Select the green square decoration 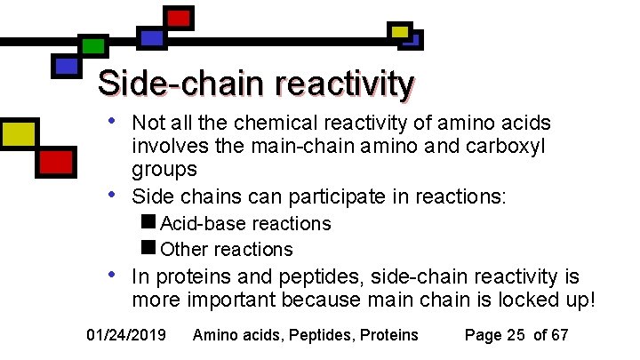pyautogui.click(x=92, y=46)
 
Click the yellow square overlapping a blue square pyautogui.click(x=401, y=32)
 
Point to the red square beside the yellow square pyautogui.click(x=56, y=162)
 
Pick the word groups pyautogui.click(x=164, y=169)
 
